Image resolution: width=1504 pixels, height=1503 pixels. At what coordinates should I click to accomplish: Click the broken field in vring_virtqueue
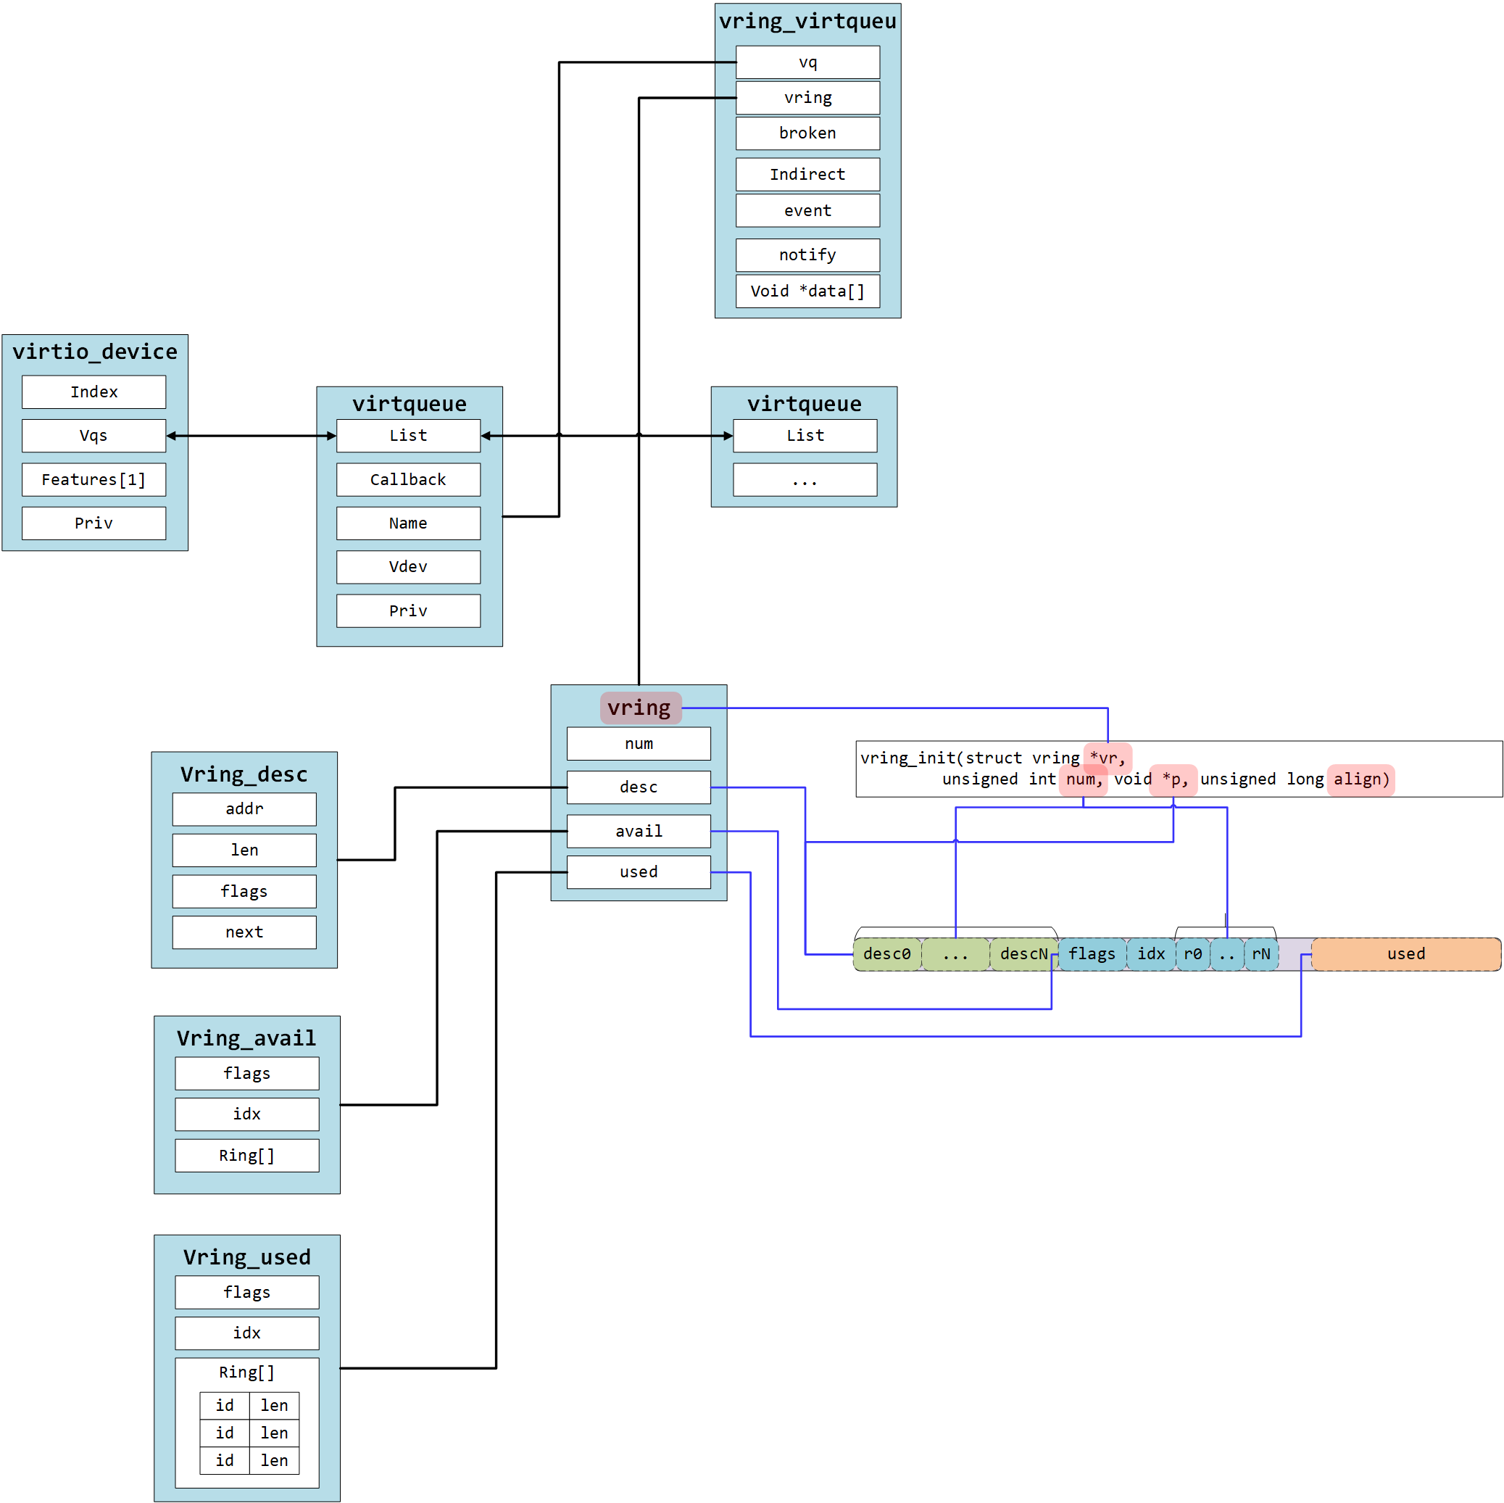click(807, 133)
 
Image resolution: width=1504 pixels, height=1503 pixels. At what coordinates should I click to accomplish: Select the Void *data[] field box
click(807, 291)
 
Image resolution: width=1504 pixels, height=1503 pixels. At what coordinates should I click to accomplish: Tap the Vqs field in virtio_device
click(94, 435)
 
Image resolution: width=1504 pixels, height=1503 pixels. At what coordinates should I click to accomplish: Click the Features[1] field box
click(94, 480)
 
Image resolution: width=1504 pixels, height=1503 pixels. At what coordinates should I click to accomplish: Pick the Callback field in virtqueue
click(408, 480)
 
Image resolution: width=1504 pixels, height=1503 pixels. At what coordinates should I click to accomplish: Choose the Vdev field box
click(408, 567)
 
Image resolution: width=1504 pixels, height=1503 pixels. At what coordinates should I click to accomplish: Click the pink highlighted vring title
click(640, 708)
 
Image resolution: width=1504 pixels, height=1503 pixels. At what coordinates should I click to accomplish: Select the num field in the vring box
click(639, 744)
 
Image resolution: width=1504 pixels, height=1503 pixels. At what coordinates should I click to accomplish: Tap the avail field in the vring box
click(639, 831)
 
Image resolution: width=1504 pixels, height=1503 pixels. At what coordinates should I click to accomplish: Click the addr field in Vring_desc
click(244, 809)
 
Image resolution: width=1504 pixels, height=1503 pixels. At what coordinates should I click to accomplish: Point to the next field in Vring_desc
click(244, 932)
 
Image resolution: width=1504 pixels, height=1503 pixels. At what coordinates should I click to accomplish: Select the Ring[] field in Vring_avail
click(246, 1156)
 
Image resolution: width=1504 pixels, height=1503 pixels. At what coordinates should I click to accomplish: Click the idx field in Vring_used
click(246, 1333)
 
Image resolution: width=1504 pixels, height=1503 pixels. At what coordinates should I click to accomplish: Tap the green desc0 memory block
click(886, 954)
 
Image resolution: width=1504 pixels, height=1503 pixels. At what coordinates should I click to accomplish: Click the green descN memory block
click(1023, 954)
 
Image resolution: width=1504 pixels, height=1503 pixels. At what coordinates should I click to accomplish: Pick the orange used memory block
click(1406, 954)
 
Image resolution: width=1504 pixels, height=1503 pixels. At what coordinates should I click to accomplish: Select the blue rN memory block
click(1261, 954)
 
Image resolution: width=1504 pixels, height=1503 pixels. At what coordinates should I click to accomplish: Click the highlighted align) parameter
click(1360, 779)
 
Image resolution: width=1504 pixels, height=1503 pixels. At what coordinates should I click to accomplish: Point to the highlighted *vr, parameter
click(1108, 758)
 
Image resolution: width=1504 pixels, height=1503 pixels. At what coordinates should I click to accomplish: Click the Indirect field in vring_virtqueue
click(807, 175)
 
